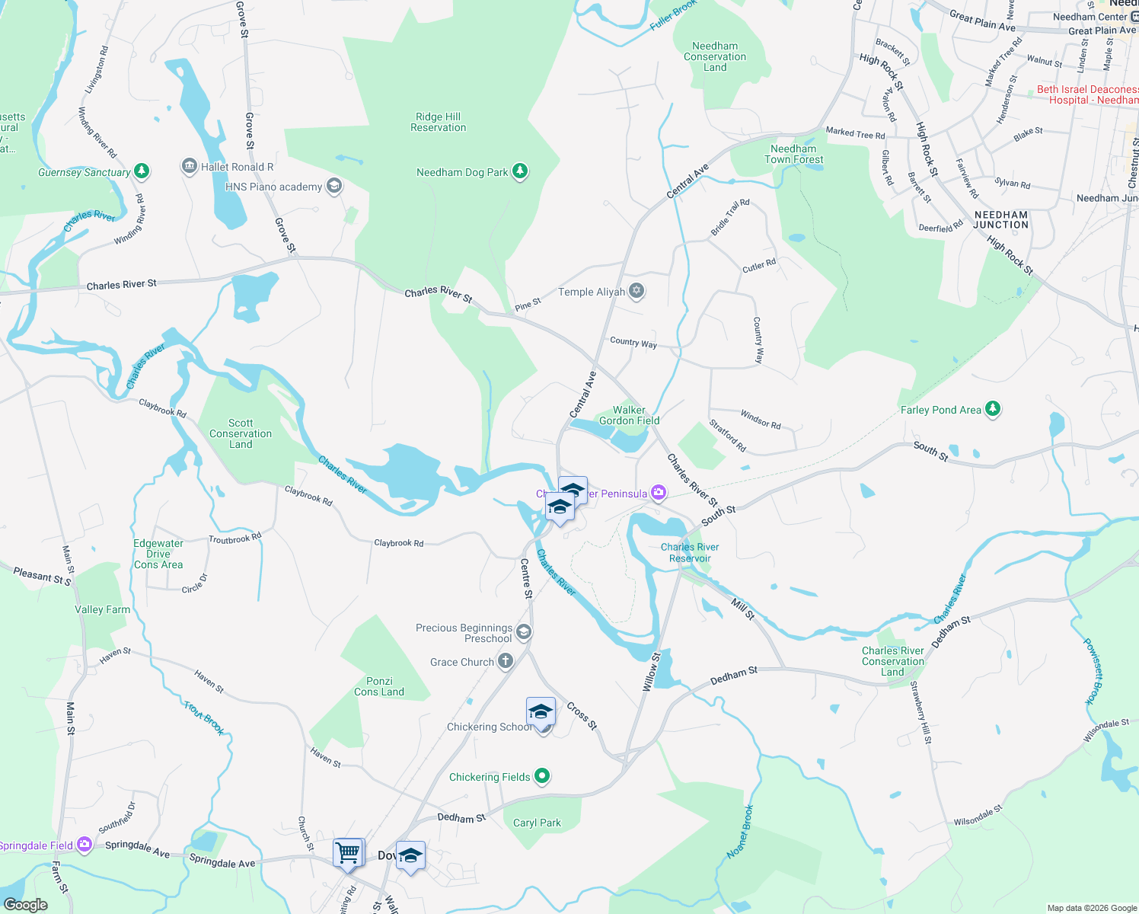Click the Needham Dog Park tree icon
pyautogui.click(x=520, y=171)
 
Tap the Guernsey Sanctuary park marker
pyautogui.click(x=142, y=171)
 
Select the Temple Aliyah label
pyautogui.click(x=592, y=292)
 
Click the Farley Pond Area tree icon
pyautogui.click(x=992, y=409)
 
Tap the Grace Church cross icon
pyautogui.click(x=506, y=661)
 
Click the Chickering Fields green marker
pyautogui.click(x=542, y=776)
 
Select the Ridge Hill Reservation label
pyautogui.click(x=438, y=122)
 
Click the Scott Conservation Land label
pyautogui.click(x=241, y=433)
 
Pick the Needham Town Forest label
pyautogui.click(x=794, y=154)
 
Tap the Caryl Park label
pyautogui.click(x=537, y=823)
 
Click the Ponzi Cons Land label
pyautogui.click(x=379, y=686)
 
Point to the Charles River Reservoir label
pyautogui.click(x=690, y=552)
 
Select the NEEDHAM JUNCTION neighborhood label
pyautogui.click(x=1001, y=219)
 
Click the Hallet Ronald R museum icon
pyautogui.click(x=190, y=166)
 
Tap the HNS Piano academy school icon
pyautogui.click(x=333, y=186)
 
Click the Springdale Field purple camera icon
pyautogui.click(x=85, y=844)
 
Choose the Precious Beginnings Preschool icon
pyautogui.click(x=523, y=631)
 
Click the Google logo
pyautogui.click(x=25, y=904)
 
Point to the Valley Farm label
pyautogui.click(x=102, y=609)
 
